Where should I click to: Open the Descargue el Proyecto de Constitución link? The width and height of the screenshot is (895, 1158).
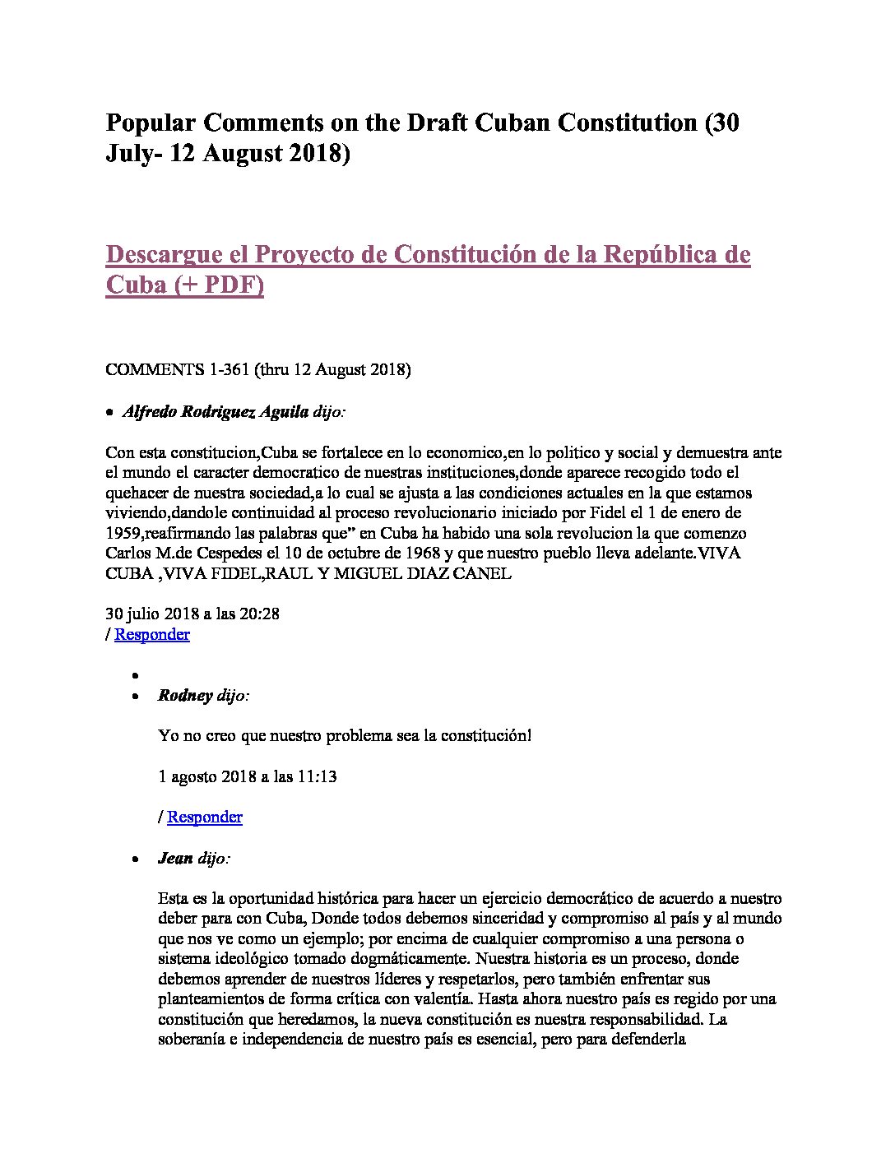[x=428, y=255]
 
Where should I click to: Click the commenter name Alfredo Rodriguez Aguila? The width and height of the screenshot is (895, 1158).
[x=216, y=412]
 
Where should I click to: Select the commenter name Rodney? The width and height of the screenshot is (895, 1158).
[x=185, y=696]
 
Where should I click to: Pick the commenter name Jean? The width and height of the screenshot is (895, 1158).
[x=175, y=859]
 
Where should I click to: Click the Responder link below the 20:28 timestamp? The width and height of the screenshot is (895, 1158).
[x=152, y=634]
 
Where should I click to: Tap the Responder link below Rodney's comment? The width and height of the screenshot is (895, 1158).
[x=205, y=817]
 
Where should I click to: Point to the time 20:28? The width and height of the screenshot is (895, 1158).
[x=259, y=614]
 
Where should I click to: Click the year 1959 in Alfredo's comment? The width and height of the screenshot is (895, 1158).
[x=123, y=533]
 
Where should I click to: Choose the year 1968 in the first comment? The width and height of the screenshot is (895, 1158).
[x=421, y=554]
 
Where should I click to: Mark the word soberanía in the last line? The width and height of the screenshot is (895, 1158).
[x=192, y=1040]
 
